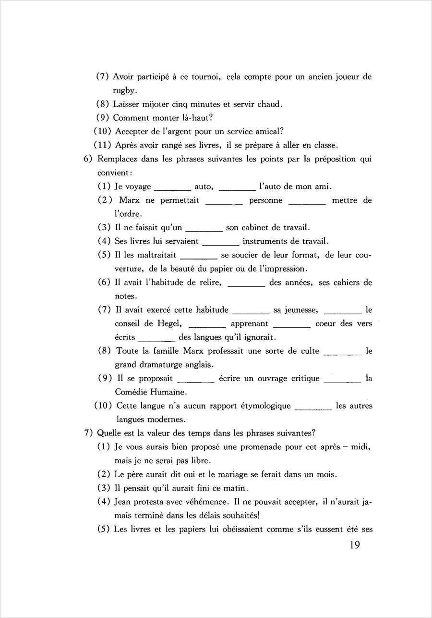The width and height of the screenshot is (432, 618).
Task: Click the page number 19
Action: pos(352,545)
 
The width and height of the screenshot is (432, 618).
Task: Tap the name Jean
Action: pos(124,502)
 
